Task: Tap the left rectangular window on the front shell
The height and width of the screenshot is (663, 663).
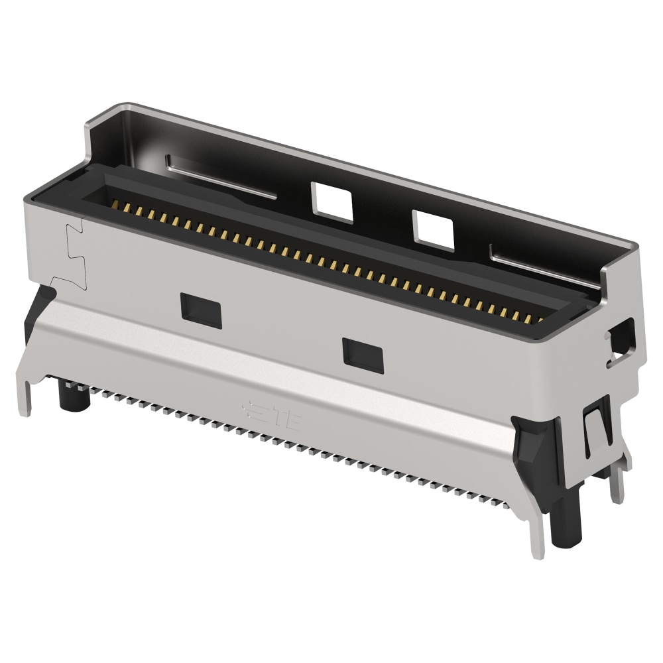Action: (x=200, y=306)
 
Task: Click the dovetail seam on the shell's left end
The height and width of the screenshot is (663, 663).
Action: (x=76, y=255)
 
